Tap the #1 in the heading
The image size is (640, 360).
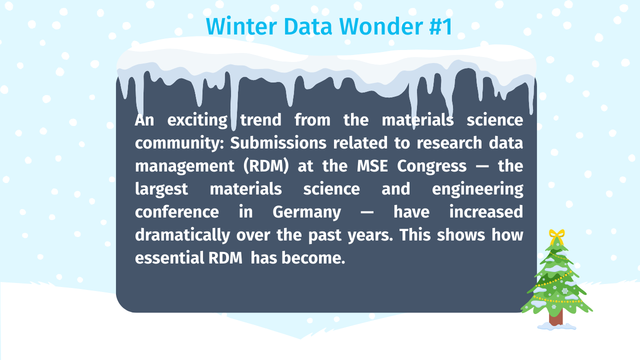[441, 26]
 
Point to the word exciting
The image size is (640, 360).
[198, 120]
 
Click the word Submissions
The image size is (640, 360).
[278, 143]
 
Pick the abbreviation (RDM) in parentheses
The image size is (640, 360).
[266, 166]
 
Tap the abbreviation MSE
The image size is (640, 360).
[372, 166]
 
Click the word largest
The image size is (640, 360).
[162, 189]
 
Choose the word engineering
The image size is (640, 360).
[478, 189]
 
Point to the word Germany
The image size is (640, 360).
[307, 213]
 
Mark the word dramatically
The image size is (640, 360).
[182, 236]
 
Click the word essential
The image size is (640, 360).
[169, 258]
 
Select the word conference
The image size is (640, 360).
[177, 212]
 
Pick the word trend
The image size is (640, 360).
[261, 120]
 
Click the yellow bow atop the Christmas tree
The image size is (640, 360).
[557, 236]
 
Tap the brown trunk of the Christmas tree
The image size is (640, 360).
[556, 317]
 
